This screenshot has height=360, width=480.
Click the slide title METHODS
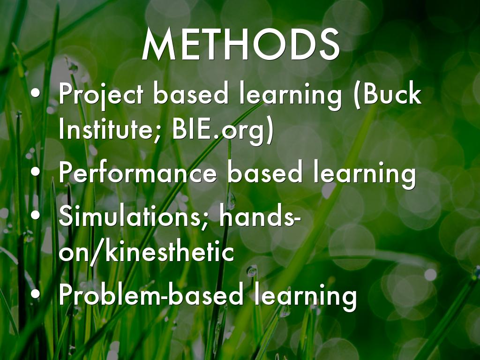pyautogui.click(x=240, y=45)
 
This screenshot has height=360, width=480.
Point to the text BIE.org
pyautogui.click(x=218, y=130)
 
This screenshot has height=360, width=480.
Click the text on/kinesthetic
pyautogui.click(x=146, y=251)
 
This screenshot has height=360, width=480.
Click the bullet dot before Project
pyautogui.click(x=36, y=93)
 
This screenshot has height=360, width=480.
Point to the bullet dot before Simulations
pyautogui.click(x=36, y=215)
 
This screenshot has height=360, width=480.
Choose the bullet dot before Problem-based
pyautogui.click(x=36, y=294)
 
